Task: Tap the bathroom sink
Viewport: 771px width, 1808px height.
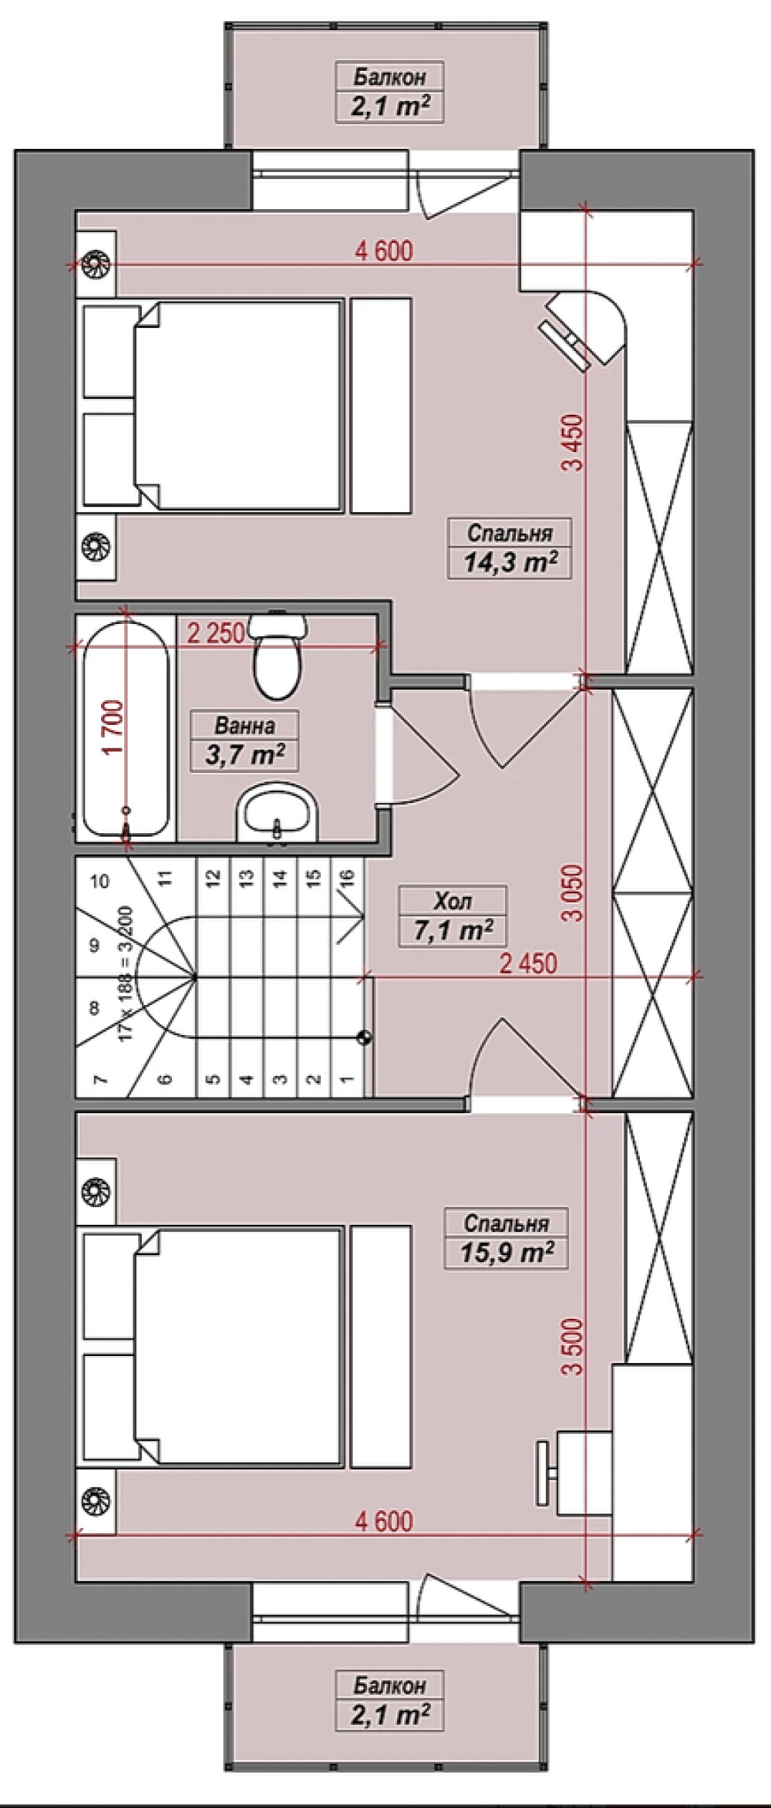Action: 277,814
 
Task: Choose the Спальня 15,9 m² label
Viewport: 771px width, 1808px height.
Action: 507,1237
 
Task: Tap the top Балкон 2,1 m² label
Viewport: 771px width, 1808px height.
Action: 390,92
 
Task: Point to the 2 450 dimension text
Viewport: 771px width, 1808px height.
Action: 527,963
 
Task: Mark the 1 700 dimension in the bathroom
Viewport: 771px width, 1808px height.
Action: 114,727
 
